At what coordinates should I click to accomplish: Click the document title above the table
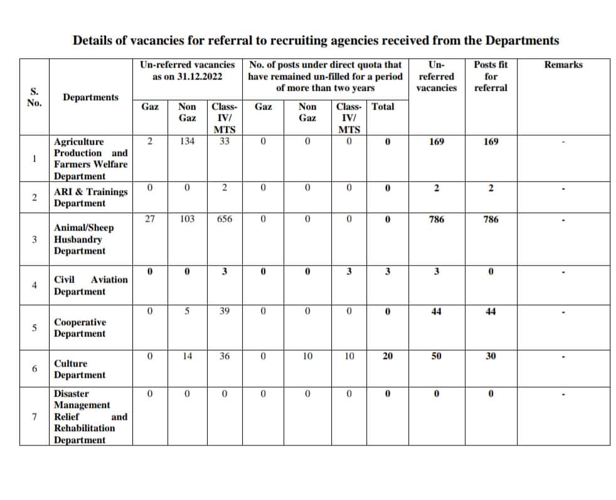point(316,41)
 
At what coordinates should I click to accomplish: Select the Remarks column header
point(563,65)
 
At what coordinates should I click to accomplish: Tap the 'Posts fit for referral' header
point(491,76)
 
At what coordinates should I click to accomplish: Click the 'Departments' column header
point(90,97)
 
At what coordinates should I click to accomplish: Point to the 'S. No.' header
point(34,97)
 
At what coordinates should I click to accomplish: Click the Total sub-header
point(383,107)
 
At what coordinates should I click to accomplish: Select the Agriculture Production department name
point(90,159)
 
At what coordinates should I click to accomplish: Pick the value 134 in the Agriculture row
point(187,142)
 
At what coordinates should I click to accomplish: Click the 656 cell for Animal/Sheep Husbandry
point(224,219)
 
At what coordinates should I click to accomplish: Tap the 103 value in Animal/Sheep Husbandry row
point(187,219)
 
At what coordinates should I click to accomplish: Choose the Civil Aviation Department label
point(90,286)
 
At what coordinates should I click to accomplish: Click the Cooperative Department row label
point(80,328)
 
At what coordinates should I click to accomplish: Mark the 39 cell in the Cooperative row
point(224,311)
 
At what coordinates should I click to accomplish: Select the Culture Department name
point(80,369)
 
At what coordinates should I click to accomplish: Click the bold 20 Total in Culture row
point(388,356)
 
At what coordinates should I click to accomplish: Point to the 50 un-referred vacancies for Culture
point(437,356)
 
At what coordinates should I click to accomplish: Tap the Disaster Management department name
point(90,417)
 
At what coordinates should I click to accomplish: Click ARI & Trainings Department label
point(90,197)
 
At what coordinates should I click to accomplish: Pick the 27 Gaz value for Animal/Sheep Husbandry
point(150,219)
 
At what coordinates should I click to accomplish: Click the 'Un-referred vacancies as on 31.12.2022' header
point(187,70)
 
